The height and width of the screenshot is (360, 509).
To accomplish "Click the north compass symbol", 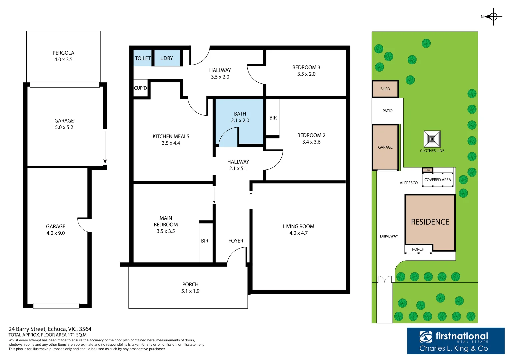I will pos(493,17).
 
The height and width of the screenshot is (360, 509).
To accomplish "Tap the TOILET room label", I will pos(143,58).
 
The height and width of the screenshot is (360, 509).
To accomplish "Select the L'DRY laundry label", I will pos(167,58).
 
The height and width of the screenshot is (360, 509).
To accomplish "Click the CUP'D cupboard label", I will pos(140,88).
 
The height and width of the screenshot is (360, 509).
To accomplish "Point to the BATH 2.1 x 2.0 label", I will pos(240,117).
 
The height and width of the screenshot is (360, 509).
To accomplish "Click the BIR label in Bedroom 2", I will pos(273,118).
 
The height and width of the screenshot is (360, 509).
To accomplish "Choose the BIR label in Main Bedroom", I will pos(205,241).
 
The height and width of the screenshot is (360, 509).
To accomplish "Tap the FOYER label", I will pos(236,241).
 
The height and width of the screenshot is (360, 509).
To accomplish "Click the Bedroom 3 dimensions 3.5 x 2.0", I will pos(306,74).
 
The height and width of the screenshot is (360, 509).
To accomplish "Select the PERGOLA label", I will pos(63,53).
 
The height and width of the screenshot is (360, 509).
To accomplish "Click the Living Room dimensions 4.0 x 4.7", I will pos(298,233).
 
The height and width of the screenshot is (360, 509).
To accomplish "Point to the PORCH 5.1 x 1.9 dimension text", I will pos(190,291).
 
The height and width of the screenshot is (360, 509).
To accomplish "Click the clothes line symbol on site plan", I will pos(432,139).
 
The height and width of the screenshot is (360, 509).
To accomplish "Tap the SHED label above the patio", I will pos(385,89).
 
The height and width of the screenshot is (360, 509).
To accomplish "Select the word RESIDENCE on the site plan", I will pos(430,222).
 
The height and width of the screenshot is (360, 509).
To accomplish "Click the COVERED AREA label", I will pos(437,180).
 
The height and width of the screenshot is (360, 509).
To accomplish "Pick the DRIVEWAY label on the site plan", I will pos(389,236).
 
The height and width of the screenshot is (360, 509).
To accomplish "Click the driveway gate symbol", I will pos(384,279).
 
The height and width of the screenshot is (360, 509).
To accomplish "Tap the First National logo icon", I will pos(426,337).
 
